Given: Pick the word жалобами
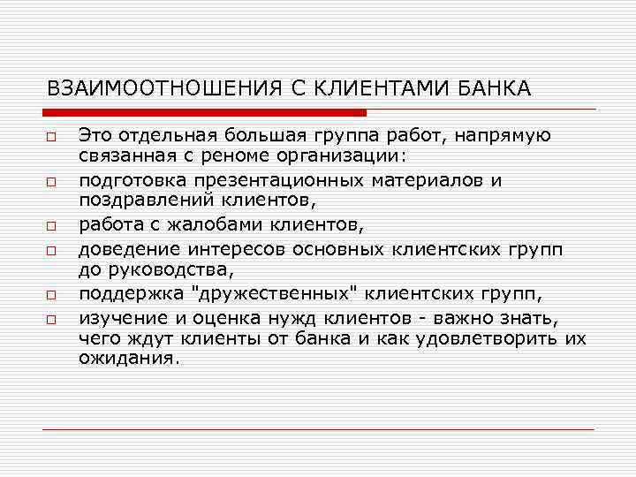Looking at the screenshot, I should pyautogui.click(x=197, y=221).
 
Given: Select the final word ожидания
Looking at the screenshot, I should pyautogui.click(x=129, y=359).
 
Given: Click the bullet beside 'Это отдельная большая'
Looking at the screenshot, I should pyautogui.click(x=52, y=140).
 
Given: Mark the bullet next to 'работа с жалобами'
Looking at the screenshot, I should pyautogui.click(x=52, y=222).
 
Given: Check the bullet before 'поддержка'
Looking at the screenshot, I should pyautogui.click(x=52, y=294).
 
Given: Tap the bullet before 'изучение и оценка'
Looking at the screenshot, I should pyautogui.click(x=52, y=318).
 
